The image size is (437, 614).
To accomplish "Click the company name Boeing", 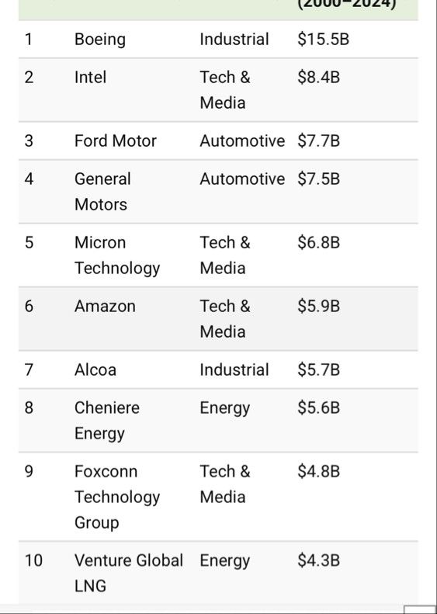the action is click(100, 40).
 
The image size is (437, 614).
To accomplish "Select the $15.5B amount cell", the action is click(323, 39).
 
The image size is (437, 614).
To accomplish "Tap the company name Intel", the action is click(90, 77).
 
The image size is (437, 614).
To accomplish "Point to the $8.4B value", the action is click(318, 77).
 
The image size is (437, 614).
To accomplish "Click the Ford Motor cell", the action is click(116, 140).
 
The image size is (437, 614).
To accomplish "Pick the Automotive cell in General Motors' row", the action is click(242, 179).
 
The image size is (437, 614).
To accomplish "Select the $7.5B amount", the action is click(318, 179).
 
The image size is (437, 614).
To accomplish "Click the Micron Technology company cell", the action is click(117, 255).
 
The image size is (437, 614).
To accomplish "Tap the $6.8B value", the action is click(318, 242).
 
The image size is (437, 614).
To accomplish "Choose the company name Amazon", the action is click(105, 306).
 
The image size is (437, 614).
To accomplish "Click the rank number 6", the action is click(29, 306).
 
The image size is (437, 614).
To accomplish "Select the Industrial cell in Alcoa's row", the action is click(234, 369).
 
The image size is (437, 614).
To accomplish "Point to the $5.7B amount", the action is click(318, 369).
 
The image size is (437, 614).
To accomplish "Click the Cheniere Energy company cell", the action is click(107, 421).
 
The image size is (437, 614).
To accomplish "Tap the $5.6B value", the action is click(318, 408).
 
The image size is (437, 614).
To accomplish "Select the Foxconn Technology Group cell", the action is click(117, 498).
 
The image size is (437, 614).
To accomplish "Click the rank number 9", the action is click(29, 471).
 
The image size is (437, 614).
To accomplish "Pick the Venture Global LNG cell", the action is click(129, 574).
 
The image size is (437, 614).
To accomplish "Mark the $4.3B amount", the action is click(318, 560).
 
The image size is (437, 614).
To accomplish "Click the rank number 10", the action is click(33, 560).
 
